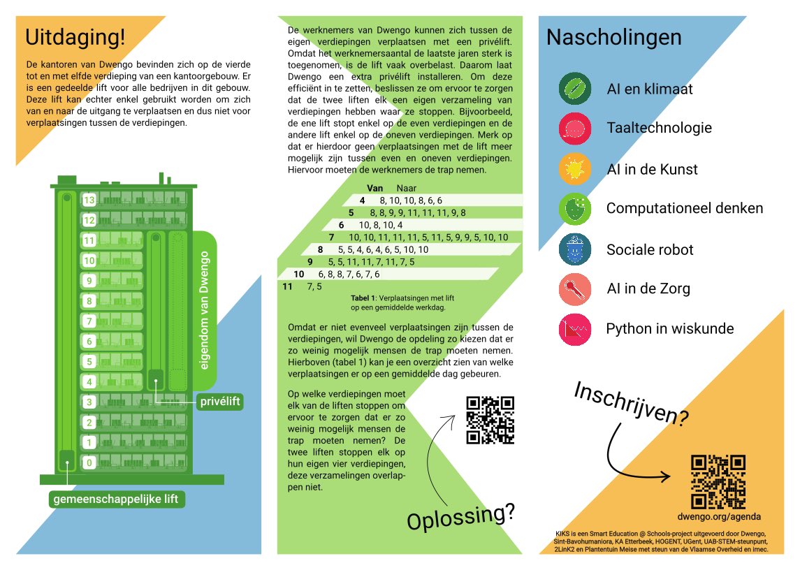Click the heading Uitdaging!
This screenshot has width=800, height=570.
click(75, 36)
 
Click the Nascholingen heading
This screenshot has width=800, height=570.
click(613, 37)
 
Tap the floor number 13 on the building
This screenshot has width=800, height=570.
click(89, 200)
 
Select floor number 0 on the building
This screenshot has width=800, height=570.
click(89, 462)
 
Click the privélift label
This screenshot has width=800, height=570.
click(219, 402)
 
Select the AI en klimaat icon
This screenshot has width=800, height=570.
click(575, 89)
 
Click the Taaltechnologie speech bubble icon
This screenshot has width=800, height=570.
click(575, 129)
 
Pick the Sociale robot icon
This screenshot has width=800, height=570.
click(575, 249)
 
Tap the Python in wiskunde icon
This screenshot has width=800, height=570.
click(575, 329)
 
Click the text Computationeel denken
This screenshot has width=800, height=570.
click(685, 208)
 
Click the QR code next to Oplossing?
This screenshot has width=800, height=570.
click(490, 420)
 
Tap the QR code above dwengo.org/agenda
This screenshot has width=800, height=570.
click(718, 482)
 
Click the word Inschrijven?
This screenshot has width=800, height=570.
click(631, 404)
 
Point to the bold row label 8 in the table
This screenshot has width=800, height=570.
click(320, 249)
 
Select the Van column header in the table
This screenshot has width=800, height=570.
click(375, 188)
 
